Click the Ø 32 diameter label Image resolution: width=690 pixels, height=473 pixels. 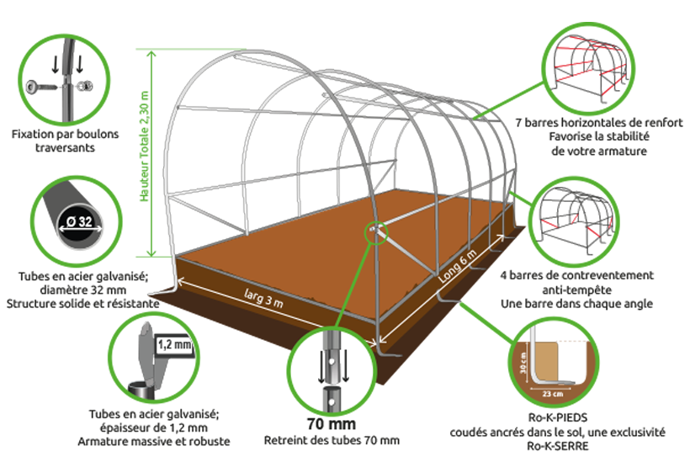[80, 221]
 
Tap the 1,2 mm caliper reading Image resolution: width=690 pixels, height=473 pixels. [175, 344]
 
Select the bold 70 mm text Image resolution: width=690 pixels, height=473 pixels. [332, 423]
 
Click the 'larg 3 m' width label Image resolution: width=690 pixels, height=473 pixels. [263, 298]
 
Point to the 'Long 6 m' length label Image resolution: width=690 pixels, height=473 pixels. [458, 267]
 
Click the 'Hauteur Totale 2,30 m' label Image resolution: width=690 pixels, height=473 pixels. [145, 146]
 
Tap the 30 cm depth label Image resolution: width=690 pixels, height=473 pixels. [523, 363]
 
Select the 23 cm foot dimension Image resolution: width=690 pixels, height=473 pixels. [552, 394]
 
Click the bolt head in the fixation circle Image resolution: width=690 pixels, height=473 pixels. [33, 86]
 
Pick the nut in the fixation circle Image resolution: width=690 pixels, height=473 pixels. [85, 86]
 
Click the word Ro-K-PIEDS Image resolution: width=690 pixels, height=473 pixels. [558, 417]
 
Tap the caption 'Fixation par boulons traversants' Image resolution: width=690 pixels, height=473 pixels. [65, 141]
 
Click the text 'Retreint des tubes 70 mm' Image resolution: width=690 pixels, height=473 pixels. [332, 440]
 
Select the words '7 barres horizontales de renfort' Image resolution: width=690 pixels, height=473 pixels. [599, 122]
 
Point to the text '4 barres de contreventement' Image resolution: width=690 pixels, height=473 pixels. [576, 275]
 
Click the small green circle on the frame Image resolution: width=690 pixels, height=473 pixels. [376, 233]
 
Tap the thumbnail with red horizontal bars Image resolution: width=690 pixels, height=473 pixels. [588, 69]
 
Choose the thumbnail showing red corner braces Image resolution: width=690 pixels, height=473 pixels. [576, 221]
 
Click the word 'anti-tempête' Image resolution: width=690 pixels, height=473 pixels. [576, 290]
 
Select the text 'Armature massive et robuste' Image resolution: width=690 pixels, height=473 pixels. [154, 441]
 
